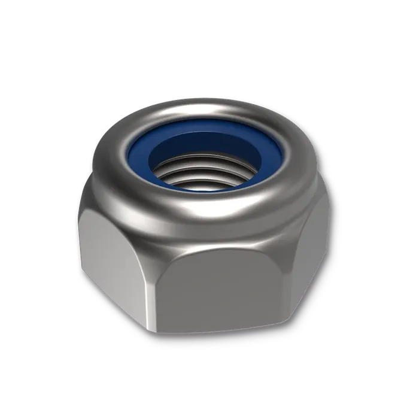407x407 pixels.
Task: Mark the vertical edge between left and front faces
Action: tap(157, 281)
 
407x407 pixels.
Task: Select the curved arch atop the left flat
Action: tap(114, 209)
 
